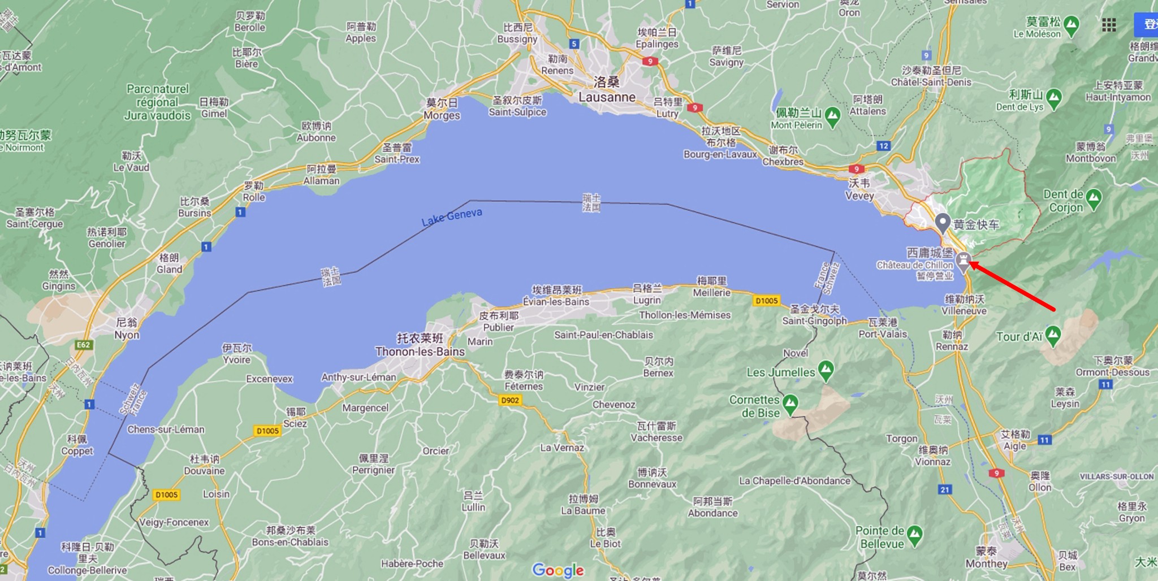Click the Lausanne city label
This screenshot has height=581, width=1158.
607,97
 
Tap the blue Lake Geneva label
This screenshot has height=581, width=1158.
452,217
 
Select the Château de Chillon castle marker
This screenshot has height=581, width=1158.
963,261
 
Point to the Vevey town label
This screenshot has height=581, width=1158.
859,196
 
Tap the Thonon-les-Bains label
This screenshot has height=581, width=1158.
420,351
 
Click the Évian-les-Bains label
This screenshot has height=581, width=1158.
556,301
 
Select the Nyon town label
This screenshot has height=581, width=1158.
127,335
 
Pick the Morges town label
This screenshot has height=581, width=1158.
442,115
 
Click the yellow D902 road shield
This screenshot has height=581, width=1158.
510,400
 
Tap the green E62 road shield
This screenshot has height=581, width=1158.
83,345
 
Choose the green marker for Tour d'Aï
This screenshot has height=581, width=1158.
1053,335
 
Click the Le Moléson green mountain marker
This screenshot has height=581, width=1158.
1071,25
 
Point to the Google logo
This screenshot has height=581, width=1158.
558,570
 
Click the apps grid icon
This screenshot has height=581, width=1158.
1109,25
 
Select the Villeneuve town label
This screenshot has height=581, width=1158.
964,310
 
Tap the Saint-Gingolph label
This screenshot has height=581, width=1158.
814,320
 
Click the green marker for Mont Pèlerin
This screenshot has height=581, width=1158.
832,116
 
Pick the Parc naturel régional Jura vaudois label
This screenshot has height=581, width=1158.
157,102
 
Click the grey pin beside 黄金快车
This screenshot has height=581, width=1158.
942,223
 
